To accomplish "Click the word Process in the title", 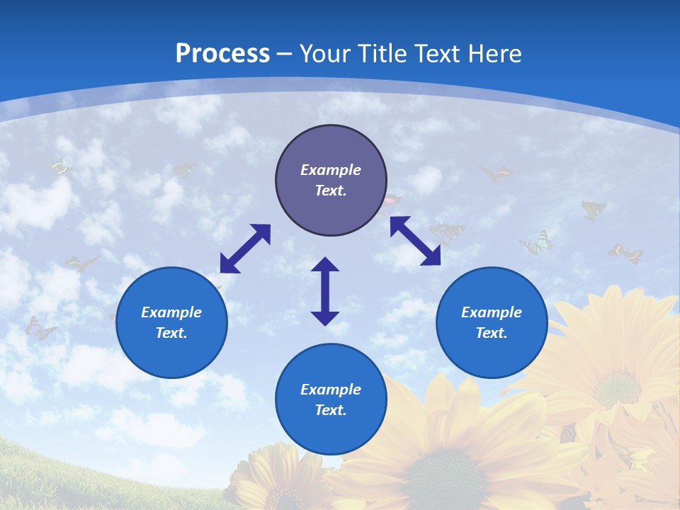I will click(222, 53).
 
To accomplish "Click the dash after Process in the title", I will click(285, 55).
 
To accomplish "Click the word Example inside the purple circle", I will click(331, 170).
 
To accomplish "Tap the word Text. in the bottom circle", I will click(331, 410).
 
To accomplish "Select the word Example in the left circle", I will click(171, 312).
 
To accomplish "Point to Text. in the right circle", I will click(492, 333).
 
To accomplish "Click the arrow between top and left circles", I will click(245, 248).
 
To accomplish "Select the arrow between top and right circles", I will click(416, 241).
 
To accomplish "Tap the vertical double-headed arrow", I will click(325, 291).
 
